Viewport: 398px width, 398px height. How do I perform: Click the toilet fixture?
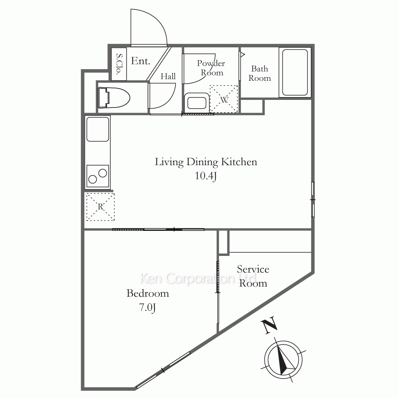point(114,98)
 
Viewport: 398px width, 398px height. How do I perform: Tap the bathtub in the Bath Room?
point(295,72)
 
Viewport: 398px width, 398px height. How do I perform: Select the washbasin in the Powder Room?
point(197,103)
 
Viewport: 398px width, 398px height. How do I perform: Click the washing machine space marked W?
point(224,99)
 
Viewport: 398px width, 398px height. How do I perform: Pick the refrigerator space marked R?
point(101,207)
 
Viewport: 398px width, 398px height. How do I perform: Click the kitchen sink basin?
point(98,129)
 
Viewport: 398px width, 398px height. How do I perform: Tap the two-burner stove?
point(98,176)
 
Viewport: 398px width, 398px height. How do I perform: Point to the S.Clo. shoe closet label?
point(119,64)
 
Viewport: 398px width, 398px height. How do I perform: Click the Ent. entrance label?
point(140,61)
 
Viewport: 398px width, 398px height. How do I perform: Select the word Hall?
point(168,76)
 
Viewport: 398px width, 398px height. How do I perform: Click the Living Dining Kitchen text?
point(206,162)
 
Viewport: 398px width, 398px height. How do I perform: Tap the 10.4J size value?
point(206,176)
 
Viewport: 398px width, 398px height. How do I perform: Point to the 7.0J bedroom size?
point(148,307)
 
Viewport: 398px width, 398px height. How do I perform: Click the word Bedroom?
point(148,293)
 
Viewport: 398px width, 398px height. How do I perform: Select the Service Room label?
point(253,276)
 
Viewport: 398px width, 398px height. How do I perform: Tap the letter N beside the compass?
point(269,325)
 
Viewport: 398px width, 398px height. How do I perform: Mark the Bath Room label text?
point(259,73)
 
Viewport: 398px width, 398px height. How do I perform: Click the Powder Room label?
point(211,68)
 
